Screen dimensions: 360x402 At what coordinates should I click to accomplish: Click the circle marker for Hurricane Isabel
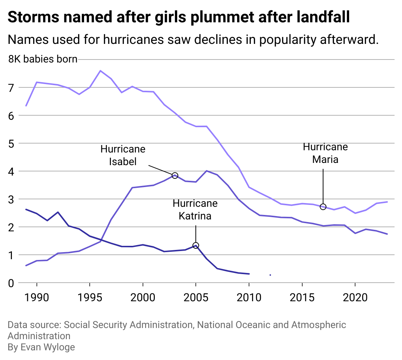click(175, 175)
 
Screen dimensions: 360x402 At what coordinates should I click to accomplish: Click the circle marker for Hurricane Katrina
click(196, 245)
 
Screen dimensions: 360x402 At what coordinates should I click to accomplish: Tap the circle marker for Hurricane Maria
click(323, 207)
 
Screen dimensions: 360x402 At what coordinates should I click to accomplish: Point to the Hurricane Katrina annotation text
click(195, 210)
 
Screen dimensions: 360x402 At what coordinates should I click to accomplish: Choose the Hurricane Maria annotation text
click(325, 153)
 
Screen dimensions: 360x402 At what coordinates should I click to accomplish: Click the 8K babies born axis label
click(43, 59)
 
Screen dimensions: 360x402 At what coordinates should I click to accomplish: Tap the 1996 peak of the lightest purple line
click(100, 71)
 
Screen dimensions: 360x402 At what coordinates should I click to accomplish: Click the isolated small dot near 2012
click(270, 275)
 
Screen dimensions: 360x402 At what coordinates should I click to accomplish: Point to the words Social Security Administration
click(128, 325)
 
